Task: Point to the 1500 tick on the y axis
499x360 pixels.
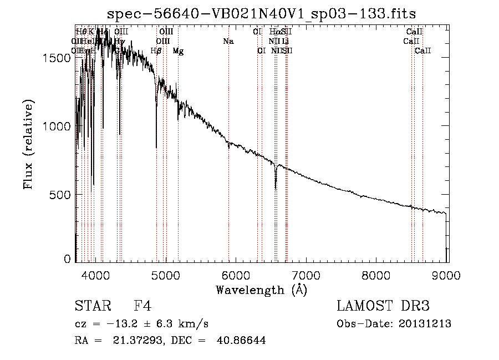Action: (x=59, y=58)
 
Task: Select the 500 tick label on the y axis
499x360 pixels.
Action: (x=62, y=195)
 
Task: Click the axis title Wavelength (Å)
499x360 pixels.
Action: (x=261, y=289)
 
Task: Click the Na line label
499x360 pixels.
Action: (x=228, y=41)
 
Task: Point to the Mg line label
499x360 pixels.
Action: (x=178, y=51)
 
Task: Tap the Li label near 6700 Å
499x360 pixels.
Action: (x=285, y=41)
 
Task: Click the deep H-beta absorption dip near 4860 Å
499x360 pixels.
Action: (x=156, y=146)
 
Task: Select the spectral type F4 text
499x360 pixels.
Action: (x=142, y=306)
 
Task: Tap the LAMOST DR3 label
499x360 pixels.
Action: (x=383, y=306)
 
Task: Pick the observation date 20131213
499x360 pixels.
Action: (x=425, y=323)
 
